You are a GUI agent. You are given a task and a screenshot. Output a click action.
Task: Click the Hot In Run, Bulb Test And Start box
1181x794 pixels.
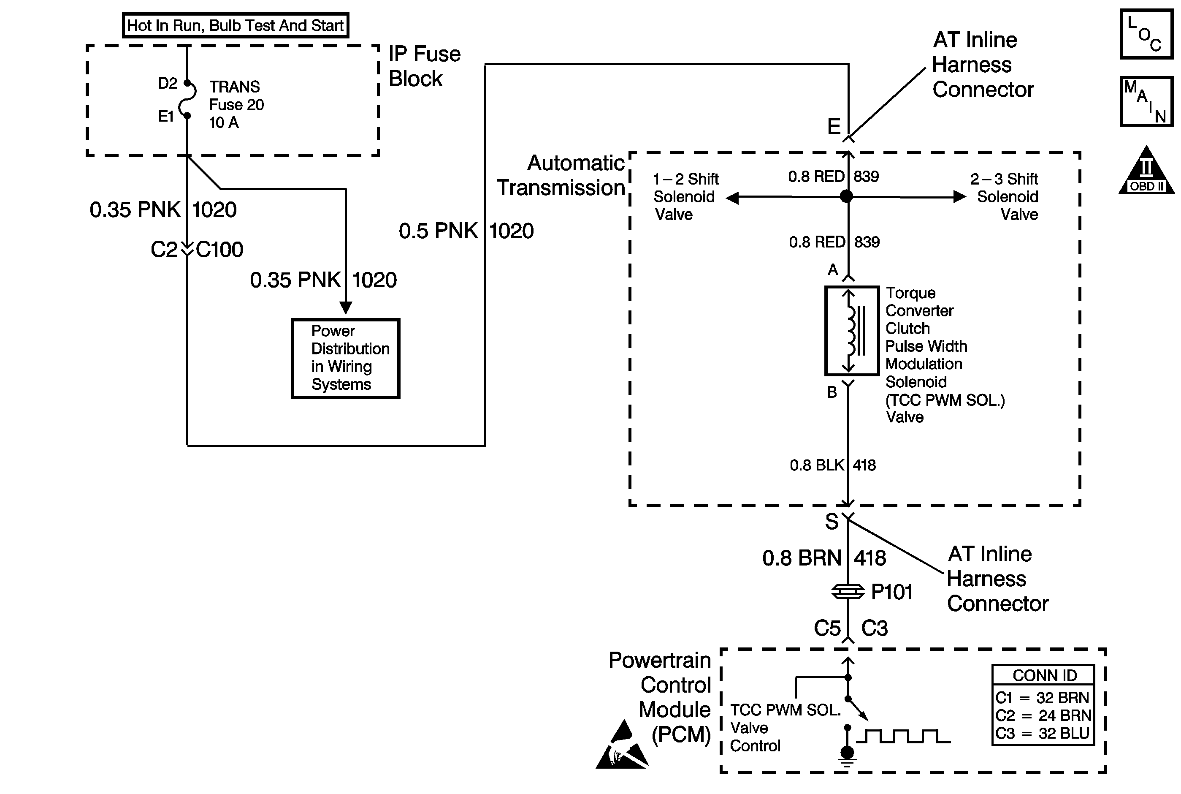235,25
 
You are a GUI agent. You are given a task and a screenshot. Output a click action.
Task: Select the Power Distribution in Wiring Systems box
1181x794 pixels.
346,358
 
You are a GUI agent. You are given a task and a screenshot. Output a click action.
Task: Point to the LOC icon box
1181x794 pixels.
1146,34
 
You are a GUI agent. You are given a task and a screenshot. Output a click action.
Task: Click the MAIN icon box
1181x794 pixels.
1146,101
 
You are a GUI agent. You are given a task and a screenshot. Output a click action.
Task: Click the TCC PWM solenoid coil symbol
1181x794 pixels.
852,331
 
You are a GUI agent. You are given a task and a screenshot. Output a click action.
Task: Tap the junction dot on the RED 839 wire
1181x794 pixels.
847,196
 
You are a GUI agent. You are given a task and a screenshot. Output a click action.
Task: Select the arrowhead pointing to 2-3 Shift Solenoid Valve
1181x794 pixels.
959,196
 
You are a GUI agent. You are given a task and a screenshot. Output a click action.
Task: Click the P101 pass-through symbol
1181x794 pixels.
848,591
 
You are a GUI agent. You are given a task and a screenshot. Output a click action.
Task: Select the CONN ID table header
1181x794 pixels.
1044,675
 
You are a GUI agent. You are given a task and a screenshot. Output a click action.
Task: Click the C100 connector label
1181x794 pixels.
219,250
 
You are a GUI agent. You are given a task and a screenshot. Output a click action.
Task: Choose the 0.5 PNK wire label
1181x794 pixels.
438,231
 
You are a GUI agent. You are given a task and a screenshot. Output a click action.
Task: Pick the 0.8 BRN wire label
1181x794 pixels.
802,558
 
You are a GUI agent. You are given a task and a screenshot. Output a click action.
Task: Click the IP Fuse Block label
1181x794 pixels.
424,66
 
